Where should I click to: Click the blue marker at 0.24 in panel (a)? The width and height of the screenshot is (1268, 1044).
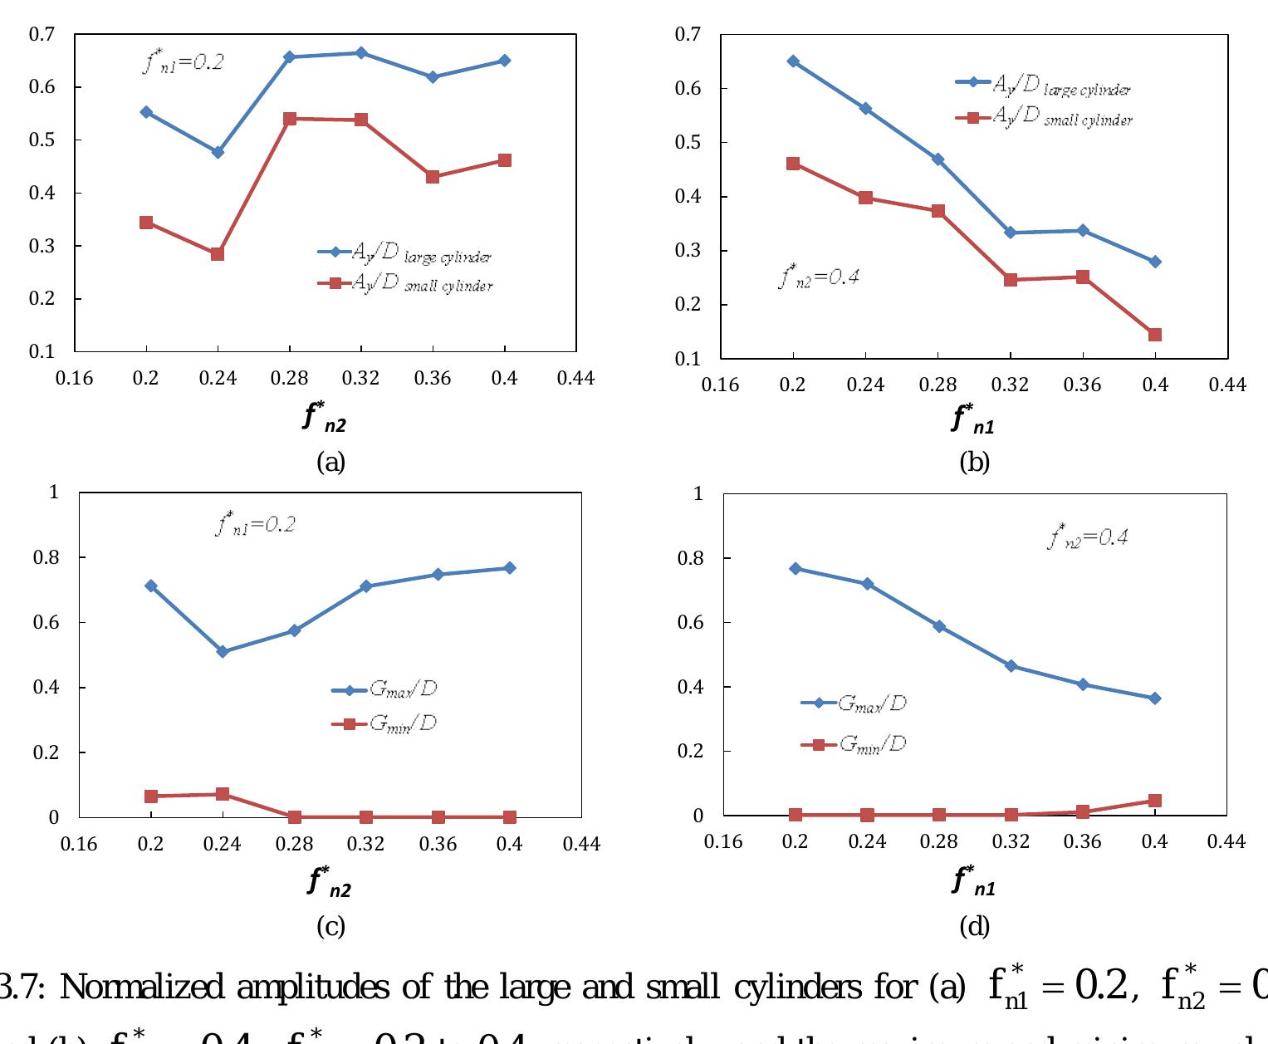218,152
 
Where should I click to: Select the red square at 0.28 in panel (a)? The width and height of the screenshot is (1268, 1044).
290,119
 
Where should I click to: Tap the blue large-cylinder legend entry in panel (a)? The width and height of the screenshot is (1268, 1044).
405,252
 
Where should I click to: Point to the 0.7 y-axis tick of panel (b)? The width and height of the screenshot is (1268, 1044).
688,34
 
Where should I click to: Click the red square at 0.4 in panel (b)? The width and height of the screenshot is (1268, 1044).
1155,335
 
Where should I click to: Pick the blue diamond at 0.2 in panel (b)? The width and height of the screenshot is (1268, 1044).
793,61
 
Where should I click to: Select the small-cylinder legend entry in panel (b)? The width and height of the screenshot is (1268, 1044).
1045,118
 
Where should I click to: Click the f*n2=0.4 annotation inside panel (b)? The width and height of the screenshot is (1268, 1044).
819,276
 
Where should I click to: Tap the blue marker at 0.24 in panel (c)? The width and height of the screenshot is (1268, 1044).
223,652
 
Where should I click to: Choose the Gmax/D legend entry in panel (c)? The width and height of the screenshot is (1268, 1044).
384,689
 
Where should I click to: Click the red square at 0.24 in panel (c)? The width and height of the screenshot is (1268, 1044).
223,794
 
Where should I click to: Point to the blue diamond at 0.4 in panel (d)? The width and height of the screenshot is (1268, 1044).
1154,698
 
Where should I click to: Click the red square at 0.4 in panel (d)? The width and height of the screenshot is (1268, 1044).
1154,801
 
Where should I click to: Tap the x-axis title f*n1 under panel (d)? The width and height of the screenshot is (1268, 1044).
973,880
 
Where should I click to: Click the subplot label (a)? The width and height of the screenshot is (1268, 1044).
330,462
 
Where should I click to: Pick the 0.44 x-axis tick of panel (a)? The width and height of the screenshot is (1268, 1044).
576,379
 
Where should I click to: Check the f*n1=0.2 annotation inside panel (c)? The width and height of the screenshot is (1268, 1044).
256,525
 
